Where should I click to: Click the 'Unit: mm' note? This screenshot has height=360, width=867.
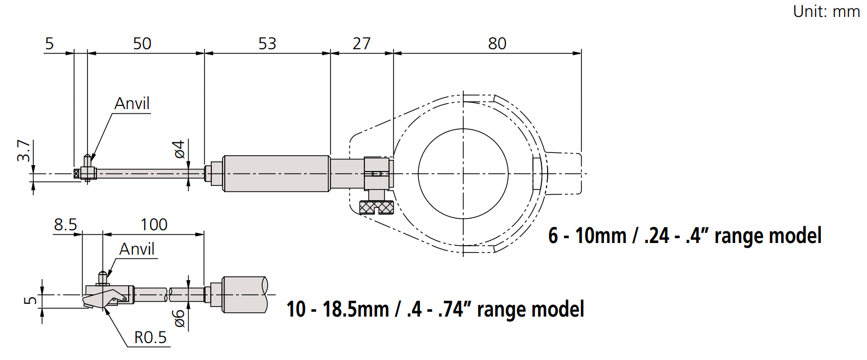[826, 12]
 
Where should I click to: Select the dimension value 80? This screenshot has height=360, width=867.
[497, 44]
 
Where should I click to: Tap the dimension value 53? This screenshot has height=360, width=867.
[267, 44]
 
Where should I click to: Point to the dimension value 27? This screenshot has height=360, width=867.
[362, 44]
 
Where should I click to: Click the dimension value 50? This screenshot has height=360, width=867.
[142, 44]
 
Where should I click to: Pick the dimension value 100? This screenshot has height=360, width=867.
[154, 225]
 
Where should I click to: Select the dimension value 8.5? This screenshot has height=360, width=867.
[66, 225]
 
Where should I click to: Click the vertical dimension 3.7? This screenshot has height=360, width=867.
[24, 150]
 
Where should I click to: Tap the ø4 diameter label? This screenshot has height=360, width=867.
[179, 149]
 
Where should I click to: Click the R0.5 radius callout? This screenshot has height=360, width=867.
[150, 338]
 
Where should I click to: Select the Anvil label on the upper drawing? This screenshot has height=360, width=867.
[132, 103]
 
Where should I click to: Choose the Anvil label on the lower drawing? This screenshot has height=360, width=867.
[137, 249]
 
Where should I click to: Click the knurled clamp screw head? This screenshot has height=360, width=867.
[376, 208]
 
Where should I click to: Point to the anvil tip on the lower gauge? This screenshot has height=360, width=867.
[103, 273]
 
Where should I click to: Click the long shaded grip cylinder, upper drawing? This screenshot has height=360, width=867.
[276, 174]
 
